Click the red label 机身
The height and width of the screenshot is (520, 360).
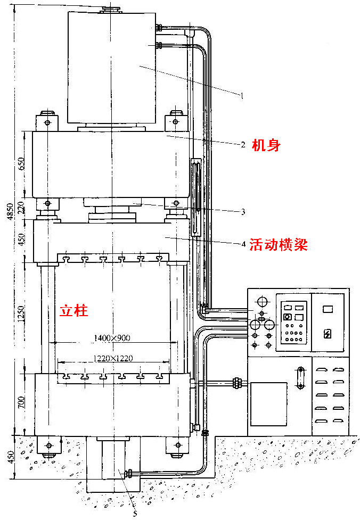point(266,145)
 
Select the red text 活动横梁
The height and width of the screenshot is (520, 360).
point(279,245)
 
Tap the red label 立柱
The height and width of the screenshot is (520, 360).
point(73,310)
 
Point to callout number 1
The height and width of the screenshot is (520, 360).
point(242,96)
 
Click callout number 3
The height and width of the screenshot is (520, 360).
point(243,212)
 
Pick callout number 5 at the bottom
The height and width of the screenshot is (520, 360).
point(135,514)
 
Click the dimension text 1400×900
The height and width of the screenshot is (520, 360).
point(112,339)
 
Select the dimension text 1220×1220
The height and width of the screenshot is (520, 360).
point(113,359)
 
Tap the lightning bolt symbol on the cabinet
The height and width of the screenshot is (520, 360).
point(328,334)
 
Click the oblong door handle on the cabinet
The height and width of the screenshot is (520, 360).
point(300,378)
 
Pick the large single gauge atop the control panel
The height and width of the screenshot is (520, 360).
point(262,302)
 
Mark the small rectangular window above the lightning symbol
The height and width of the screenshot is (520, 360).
point(328,309)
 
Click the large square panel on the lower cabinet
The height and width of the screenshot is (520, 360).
point(268,404)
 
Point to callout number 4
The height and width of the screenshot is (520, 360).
point(243,244)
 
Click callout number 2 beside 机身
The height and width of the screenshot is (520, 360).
point(243,145)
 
